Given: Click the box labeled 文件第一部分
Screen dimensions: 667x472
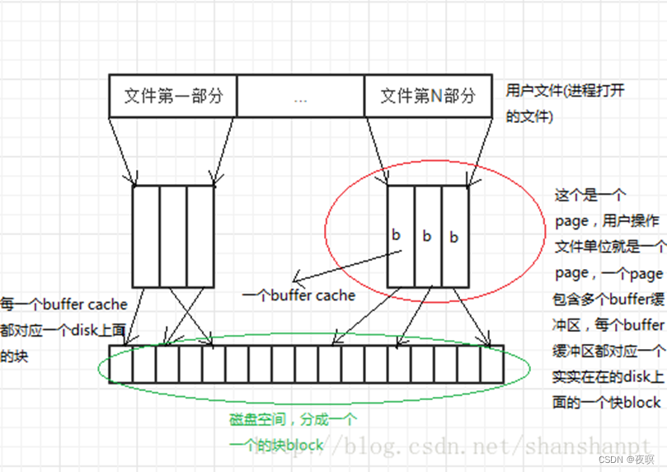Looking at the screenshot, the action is pyautogui.click(x=173, y=96).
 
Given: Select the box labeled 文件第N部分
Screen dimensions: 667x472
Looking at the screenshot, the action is pyautogui.click(x=428, y=96).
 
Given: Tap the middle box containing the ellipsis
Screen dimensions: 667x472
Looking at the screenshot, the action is pyautogui.click(x=299, y=97).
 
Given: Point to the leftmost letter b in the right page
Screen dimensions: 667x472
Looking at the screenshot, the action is pyautogui.click(x=396, y=235).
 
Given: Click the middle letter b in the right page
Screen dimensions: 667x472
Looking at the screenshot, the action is pyautogui.click(x=427, y=237).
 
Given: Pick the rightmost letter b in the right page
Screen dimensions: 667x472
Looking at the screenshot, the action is pyautogui.click(x=453, y=238).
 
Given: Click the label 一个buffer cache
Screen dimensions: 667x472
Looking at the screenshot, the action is pyautogui.click(x=299, y=295).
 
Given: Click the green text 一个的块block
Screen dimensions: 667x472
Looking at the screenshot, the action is pyautogui.click(x=276, y=445).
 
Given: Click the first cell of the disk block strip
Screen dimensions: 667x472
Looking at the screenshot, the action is pyautogui.click(x=120, y=363).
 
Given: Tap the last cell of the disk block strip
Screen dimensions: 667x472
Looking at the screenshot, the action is pyautogui.click(x=492, y=363).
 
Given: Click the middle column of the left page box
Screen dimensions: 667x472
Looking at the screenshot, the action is pyautogui.click(x=173, y=235).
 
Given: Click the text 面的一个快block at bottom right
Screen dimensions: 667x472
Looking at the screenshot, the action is pyautogui.click(x=606, y=402).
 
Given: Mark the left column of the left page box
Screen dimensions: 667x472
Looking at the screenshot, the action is pyautogui.click(x=146, y=235).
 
